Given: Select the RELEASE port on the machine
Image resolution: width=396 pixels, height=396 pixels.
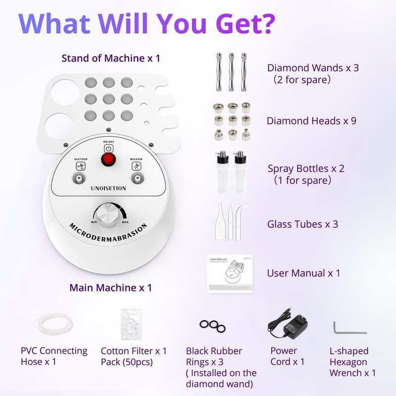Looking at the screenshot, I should [136, 177].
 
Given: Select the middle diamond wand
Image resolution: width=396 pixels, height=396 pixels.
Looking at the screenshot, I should [230, 72].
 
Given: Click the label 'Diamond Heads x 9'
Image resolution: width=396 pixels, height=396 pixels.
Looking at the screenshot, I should [311, 121].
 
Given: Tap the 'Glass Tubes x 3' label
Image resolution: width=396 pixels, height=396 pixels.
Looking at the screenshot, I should [302, 224].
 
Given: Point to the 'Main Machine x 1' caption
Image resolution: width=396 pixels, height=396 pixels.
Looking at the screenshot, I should [110, 288].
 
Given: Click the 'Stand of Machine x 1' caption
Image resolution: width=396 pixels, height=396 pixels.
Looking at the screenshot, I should [111, 58].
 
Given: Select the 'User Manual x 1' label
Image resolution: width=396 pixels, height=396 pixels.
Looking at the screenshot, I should [303, 273].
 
